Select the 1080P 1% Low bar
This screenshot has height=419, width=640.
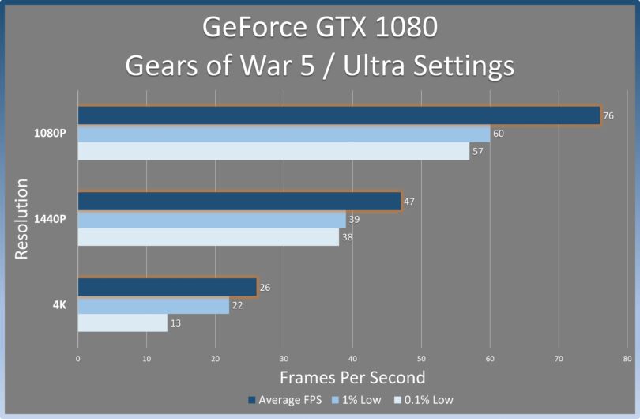(x=284, y=134)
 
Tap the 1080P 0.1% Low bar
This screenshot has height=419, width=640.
(x=273, y=151)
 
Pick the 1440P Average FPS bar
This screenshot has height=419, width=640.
(x=239, y=202)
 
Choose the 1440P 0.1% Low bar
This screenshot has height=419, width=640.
(x=209, y=236)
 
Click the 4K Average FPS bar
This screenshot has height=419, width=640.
(x=167, y=287)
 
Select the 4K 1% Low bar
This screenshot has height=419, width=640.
(x=153, y=305)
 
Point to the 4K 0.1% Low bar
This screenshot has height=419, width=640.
(x=122, y=323)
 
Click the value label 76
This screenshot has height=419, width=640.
(x=608, y=115)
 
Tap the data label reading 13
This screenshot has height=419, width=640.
(x=175, y=323)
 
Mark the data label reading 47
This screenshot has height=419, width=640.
(x=409, y=202)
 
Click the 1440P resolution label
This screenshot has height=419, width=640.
(x=50, y=218)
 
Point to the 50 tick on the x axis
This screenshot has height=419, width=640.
(x=421, y=358)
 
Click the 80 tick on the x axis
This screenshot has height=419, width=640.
(x=627, y=358)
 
